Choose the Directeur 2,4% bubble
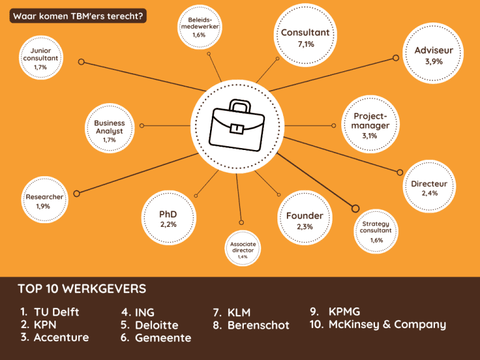pos(429,188)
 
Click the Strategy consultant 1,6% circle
pos(376,231)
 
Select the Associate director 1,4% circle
pos(242,249)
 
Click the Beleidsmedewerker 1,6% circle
pos(199,27)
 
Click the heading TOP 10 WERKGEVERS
pos(82,289)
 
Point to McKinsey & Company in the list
pos(387,324)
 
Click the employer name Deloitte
pos(156,325)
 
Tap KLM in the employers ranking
pos(239,312)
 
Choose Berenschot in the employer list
pos(258,325)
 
